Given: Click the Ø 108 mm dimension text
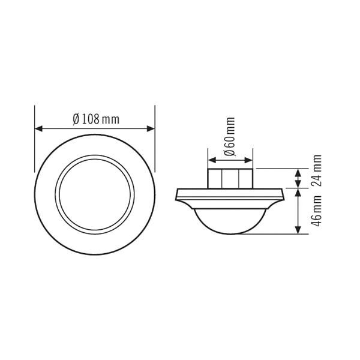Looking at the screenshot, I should [95, 119].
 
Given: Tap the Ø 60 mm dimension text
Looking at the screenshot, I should [230, 139].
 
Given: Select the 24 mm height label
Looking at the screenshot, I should [317, 172].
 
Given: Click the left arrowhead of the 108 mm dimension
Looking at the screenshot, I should [38, 128].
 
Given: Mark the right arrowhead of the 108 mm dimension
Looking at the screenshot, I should [151, 128].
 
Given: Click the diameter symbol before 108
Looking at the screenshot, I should [76, 119].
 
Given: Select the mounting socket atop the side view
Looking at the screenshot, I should [230, 179].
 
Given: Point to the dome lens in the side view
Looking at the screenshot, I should [230, 219].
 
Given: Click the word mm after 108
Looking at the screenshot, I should [110, 119].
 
